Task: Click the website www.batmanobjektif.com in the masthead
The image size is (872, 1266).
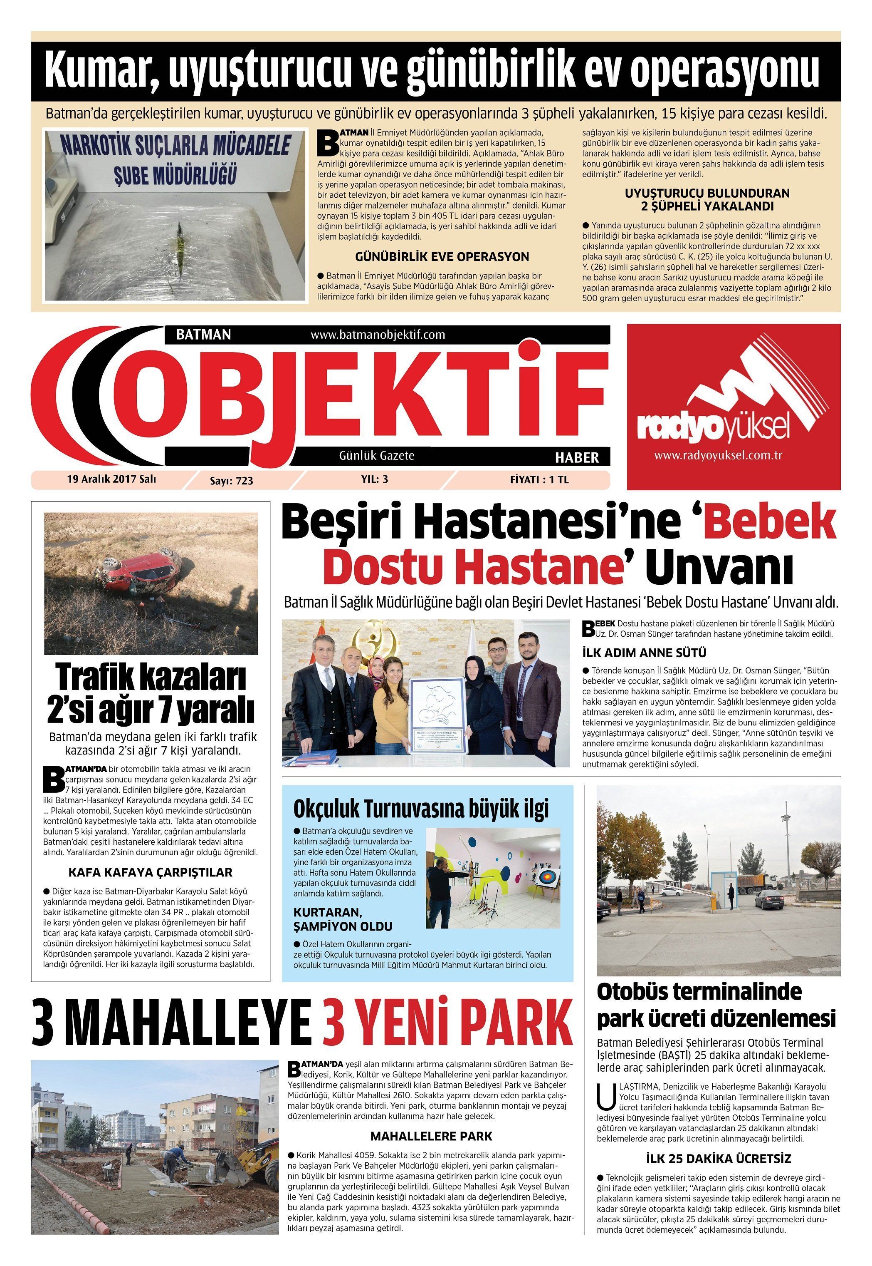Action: (x=378, y=334)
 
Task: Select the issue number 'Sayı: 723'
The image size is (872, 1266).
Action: (x=232, y=480)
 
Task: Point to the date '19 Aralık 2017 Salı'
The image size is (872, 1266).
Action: (x=111, y=479)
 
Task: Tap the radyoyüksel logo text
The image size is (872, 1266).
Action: (x=714, y=429)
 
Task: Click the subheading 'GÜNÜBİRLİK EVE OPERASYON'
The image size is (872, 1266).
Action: (x=442, y=256)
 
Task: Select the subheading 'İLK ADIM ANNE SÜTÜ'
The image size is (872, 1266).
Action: (x=644, y=653)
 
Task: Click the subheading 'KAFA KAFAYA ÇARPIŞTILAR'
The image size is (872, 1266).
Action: (x=150, y=872)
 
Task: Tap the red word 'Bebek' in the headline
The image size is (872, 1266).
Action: (x=771, y=524)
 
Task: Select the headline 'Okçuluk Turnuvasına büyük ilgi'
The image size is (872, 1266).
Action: (x=421, y=808)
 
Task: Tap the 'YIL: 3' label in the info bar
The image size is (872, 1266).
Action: (x=374, y=479)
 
